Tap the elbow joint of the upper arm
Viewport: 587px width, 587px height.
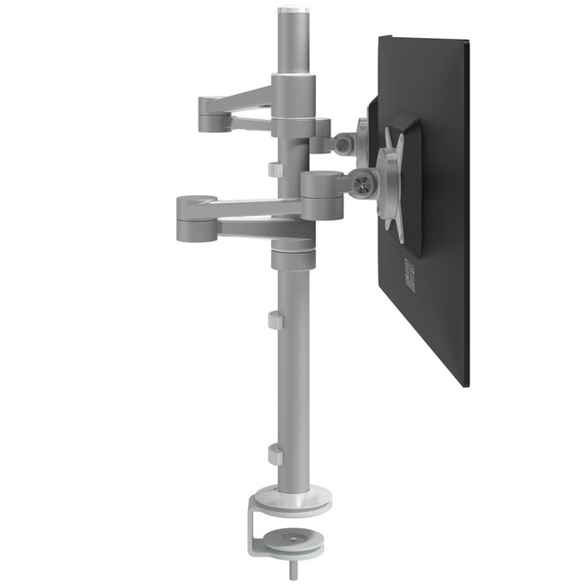205,115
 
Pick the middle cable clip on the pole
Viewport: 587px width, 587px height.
274,320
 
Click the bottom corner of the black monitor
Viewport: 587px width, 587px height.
466,384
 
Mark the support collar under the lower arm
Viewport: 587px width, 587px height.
293,256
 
